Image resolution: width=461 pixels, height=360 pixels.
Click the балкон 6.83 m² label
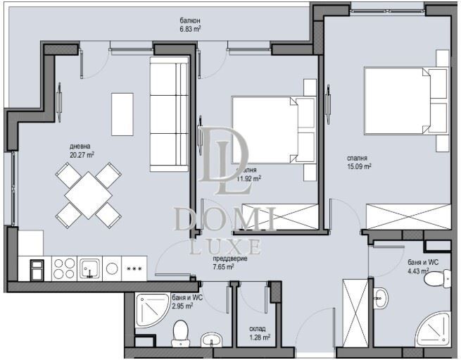tap(190, 25)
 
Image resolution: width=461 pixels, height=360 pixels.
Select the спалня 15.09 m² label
tap(358, 163)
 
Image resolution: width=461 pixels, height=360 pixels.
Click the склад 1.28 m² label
tap(258, 333)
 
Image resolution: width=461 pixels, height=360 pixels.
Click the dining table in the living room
tap(87, 194)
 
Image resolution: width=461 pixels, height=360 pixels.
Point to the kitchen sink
tap(90, 268)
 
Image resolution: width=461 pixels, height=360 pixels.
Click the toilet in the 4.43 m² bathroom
tap(434, 280)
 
